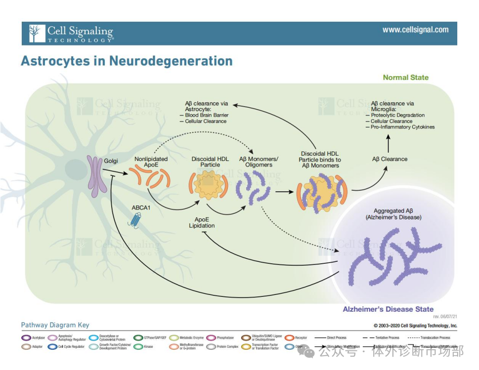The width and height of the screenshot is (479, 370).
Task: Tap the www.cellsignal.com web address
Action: click(x=415, y=30)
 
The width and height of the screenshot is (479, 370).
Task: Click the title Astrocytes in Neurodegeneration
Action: click(x=127, y=61)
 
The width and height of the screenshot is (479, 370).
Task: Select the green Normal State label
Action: click(x=405, y=78)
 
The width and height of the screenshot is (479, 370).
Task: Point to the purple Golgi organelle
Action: click(x=94, y=173)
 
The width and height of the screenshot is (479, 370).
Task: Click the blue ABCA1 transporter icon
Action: click(x=134, y=220)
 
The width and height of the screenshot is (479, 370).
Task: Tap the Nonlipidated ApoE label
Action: click(x=151, y=162)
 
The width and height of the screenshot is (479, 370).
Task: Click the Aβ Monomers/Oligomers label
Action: click(x=259, y=162)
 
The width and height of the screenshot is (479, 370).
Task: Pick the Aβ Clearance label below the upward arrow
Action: click(x=390, y=159)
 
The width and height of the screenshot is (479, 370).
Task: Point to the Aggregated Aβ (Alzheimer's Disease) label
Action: click(x=393, y=214)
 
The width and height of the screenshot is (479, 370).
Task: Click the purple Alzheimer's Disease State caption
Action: click(x=388, y=309)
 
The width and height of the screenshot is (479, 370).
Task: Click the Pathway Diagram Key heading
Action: click(x=55, y=325)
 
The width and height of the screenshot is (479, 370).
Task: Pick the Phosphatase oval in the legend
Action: click(x=210, y=338)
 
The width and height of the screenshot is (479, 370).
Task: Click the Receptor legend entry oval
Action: click(x=289, y=338)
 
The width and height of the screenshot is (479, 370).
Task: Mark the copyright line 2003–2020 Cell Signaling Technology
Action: click(x=415, y=326)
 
